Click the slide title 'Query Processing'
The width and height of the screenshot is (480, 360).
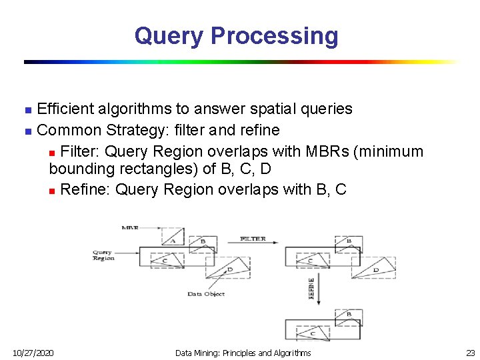tap(236, 35)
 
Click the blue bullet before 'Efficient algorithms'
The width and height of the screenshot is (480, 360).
tap(27, 109)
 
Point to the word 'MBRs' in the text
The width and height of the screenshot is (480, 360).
tap(327, 152)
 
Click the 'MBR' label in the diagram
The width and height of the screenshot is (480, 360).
tap(131, 227)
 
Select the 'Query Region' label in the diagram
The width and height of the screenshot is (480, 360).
tap(103, 255)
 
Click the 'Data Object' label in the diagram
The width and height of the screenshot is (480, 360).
tap(205, 294)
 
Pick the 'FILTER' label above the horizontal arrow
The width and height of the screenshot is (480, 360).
tap(253, 239)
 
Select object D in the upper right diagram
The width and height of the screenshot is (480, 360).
tap(375, 269)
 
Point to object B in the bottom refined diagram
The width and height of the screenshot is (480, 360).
tap(348, 314)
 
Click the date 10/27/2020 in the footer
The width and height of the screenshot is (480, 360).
tap(34, 353)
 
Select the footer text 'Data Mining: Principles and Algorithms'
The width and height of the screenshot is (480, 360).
tap(243, 353)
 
